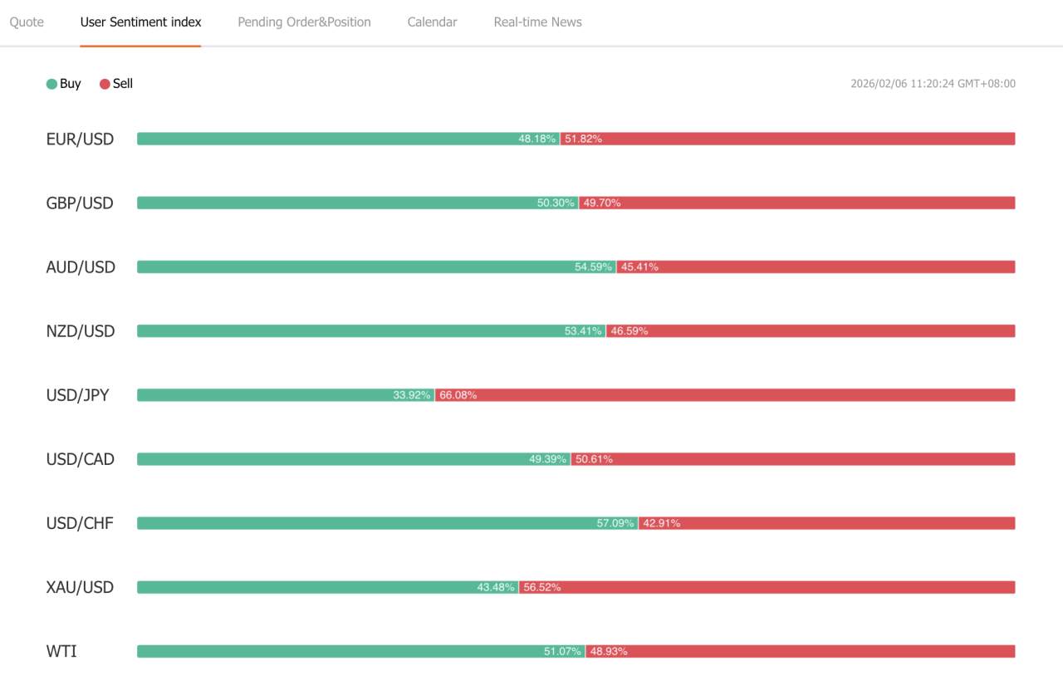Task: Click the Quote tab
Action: (x=27, y=22)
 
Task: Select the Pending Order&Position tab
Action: (x=304, y=22)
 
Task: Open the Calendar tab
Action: (x=432, y=22)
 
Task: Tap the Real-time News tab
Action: (x=537, y=22)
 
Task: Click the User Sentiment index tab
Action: (x=140, y=22)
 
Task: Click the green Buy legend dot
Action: (x=51, y=84)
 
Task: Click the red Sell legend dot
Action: (x=105, y=84)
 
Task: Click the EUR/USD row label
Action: (x=80, y=139)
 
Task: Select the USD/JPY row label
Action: (x=77, y=395)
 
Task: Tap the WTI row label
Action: (x=61, y=651)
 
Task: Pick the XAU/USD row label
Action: (x=80, y=587)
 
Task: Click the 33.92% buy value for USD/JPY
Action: (x=412, y=395)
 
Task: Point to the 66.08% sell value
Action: (x=458, y=395)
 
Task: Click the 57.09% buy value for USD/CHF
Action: (x=615, y=523)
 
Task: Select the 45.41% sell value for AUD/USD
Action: (x=639, y=267)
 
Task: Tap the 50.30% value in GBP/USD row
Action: (x=556, y=203)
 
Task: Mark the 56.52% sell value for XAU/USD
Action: (x=542, y=587)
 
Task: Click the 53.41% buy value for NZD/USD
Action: (x=583, y=331)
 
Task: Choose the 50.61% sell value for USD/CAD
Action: (x=594, y=459)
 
